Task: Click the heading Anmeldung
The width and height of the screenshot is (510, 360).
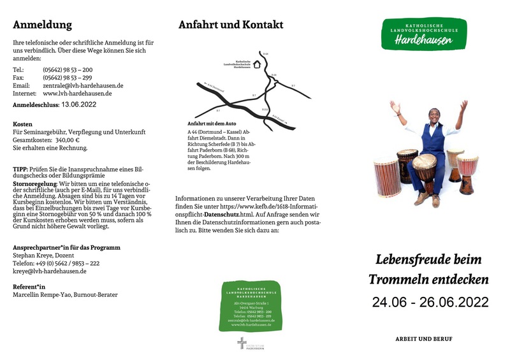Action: click(42, 25)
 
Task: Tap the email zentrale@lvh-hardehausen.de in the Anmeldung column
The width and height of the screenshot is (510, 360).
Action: click(83, 85)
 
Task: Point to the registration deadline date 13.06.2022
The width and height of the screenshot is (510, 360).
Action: click(79, 104)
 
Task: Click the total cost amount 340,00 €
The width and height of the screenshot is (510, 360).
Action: click(68, 140)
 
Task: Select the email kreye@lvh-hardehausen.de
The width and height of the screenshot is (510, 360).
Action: click(49, 271)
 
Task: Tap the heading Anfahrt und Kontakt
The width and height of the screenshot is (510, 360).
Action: click(231, 25)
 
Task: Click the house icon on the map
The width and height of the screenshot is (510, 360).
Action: click(257, 64)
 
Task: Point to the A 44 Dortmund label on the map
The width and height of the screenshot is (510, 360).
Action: click(214, 88)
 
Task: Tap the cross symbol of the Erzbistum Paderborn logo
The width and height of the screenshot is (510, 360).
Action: click(242, 343)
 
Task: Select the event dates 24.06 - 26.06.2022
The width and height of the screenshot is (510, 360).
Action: click(430, 301)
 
